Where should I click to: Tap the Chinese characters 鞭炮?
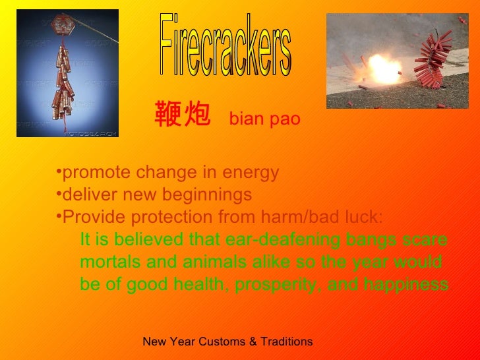pyautogui.click(x=183, y=115)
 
